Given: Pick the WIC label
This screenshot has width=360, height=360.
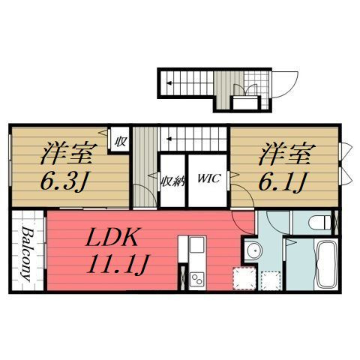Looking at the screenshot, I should pyautogui.click(x=208, y=179).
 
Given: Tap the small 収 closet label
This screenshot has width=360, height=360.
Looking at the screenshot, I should pyautogui.click(x=119, y=140).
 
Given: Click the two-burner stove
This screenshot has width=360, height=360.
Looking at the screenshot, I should pyautogui.click(x=198, y=280).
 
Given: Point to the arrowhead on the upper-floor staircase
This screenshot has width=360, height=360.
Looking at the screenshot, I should pyautogui.click(x=169, y=138).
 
